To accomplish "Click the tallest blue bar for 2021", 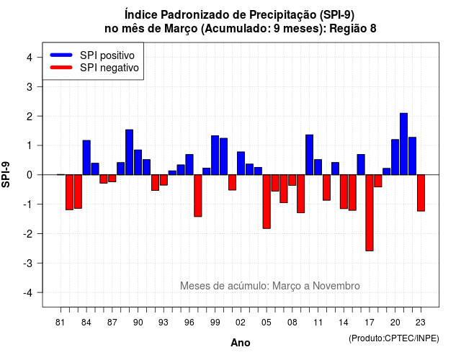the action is (x=403, y=144).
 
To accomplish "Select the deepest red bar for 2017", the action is (x=370, y=213).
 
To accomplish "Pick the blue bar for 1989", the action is (x=130, y=152).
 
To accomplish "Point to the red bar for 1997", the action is (x=198, y=196).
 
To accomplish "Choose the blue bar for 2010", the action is (x=309, y=155).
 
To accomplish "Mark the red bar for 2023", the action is (x=421, y=193).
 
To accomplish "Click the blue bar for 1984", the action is (x=86, y=158).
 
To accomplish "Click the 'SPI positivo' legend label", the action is (x=107, y=55).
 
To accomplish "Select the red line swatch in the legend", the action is (x=61, y=68).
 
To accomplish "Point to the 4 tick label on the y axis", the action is (x=30, y=58).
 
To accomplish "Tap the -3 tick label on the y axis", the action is (x=27, y=263).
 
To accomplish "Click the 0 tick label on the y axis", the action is (x=30, y=175).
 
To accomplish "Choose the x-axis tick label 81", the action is (x=61, y=323).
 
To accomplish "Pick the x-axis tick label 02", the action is (x=241, y=323).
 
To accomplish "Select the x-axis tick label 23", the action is (x=421, y=323).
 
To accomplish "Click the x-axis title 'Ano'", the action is (x=241, y=343).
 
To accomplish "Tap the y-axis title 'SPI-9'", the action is (x=6, y=174).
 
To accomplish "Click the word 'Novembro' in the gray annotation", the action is (x=336, y=286).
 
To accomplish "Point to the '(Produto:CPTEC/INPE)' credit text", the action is (x=394, y=338).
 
